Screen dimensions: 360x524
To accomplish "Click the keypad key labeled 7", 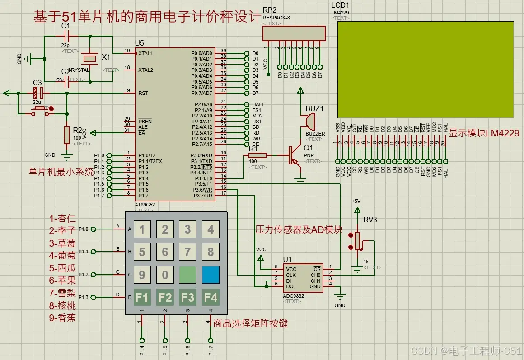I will click(187, 251).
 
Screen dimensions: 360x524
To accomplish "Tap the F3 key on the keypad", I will click(187, 298).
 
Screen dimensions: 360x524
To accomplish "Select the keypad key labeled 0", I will click(165, 275).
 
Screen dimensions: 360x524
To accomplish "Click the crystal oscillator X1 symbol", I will click(90, 58).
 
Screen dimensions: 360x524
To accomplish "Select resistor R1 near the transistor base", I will click(257, 155).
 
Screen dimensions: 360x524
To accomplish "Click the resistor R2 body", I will click(67, 134).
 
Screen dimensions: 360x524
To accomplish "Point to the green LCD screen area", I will click(425, 70).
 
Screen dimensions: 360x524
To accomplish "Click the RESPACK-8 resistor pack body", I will click(294, 33).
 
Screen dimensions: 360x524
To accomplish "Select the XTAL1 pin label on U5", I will click(145, 53).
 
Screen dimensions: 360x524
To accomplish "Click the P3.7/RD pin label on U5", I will click(203, 196).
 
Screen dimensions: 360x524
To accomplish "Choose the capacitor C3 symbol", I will click(38, 93).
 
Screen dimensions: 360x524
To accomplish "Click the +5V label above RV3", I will click(357, 201).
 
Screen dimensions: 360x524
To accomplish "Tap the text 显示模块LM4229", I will click(484, 133).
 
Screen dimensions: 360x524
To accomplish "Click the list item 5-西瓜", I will click(62, 268).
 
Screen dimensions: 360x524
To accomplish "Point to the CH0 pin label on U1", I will click(315, 275).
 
